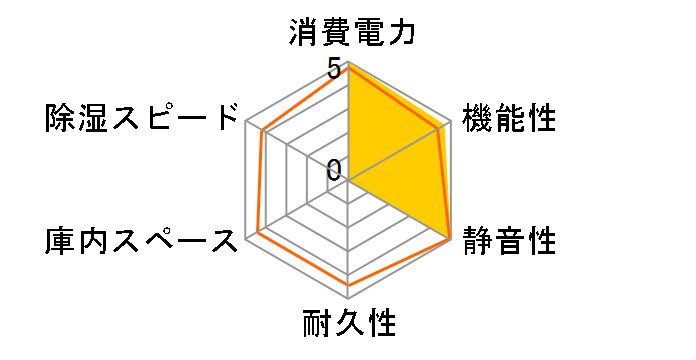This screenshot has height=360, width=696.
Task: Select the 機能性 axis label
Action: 508,119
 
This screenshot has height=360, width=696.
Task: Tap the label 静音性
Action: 508,240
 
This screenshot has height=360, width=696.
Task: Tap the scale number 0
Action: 335,168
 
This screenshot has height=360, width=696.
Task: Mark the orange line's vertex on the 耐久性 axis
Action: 348,284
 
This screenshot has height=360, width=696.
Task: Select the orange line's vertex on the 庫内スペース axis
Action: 257,232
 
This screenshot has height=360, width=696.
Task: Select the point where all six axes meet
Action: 348,180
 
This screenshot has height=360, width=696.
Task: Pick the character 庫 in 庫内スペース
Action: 58,240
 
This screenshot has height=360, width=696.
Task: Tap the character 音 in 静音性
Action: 508,240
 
